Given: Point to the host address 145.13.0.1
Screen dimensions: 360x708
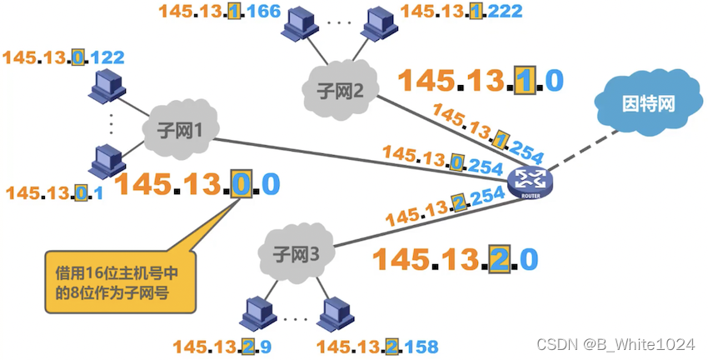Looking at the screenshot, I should coord(53,192).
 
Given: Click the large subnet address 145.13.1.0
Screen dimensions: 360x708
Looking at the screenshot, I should coord(481,80).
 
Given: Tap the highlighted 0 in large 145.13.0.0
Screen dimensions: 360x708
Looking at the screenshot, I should coord(241,183).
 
